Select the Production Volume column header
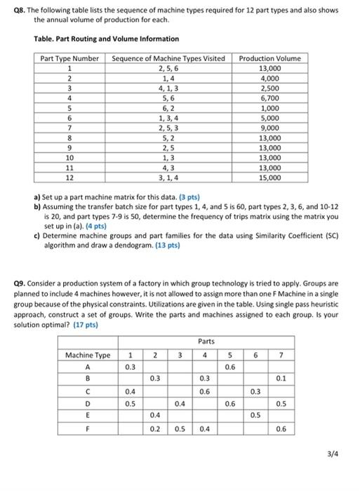coord(269,58)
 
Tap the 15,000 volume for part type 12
coord(269,178)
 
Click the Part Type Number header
coord(69,58)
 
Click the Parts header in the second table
coord(206,342)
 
